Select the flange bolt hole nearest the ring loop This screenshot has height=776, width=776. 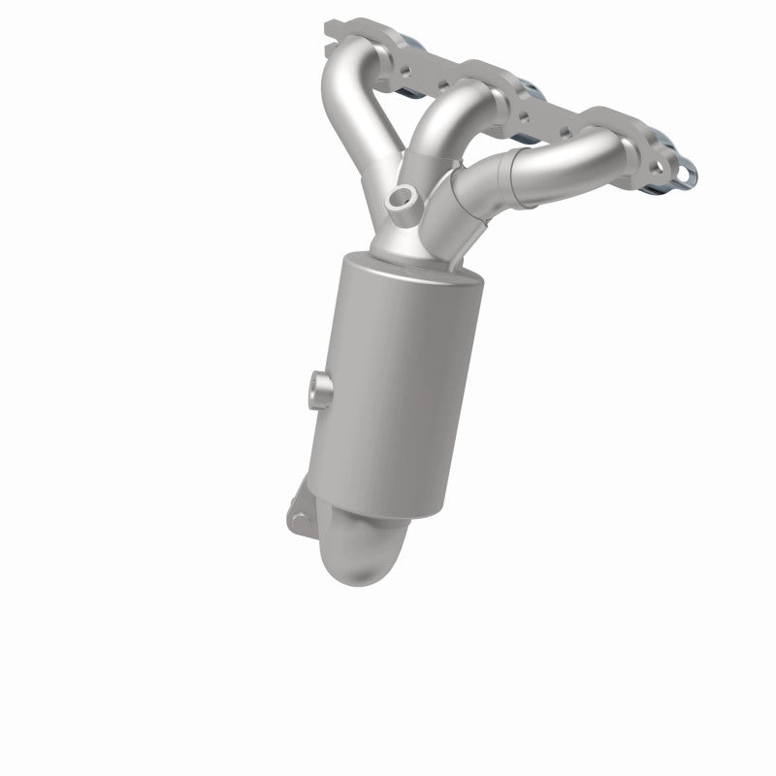tap(660, 165)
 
